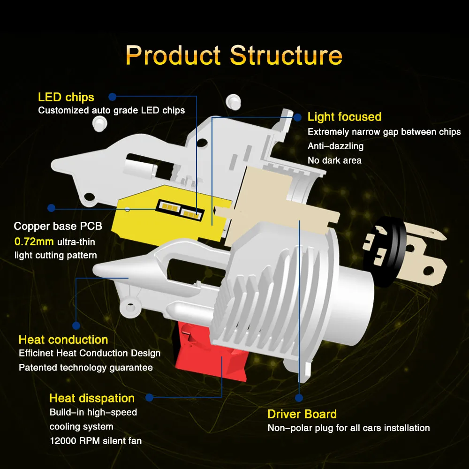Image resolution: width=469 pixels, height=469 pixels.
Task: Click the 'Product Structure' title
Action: (x=234, y=55)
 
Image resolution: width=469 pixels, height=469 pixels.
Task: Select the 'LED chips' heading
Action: (x=66, y=97)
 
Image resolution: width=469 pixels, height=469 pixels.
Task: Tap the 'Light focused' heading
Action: (x=344, y=117)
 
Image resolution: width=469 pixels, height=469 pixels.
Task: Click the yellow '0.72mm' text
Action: (x=34, y=242)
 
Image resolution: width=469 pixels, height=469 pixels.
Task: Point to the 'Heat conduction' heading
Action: (x=63, y=340)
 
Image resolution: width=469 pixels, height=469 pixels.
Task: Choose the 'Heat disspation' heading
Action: (x=92, y=398)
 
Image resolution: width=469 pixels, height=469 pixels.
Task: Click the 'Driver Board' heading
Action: (x=302, y=414)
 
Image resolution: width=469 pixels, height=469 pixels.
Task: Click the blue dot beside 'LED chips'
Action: (x=113, y=97)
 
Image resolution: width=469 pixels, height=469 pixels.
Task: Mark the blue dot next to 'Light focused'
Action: (x=298, y=116)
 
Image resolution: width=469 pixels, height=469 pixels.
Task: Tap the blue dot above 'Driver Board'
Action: (x=299, y=398)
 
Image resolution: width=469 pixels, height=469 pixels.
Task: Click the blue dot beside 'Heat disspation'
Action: (x=149, y=398)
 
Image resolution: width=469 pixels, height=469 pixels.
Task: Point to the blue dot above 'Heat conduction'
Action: (x=76, y=325)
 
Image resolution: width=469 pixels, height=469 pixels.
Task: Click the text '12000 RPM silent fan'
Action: (x=96, y=441)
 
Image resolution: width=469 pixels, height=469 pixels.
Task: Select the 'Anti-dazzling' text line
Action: (x=335, y=146)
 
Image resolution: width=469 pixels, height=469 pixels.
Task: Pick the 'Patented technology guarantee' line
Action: (x=86, y=367)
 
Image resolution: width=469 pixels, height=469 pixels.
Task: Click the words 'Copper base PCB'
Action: (x=58, y=226)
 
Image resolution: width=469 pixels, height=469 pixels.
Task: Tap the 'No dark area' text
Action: (x=334, y=160)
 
